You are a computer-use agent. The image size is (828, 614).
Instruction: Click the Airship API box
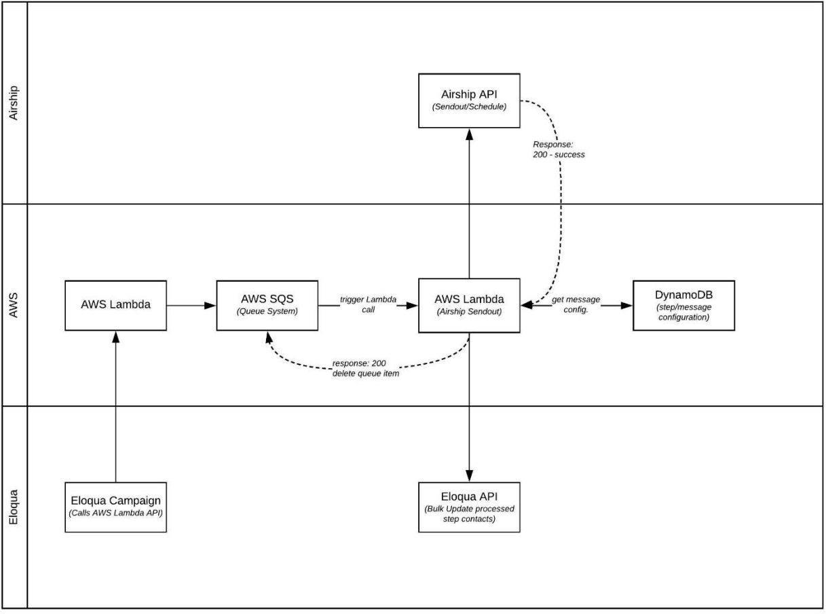coord(469,101)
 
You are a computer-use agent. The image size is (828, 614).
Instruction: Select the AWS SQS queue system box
coord(267,305)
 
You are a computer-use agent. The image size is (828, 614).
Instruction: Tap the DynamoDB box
coord(683,305)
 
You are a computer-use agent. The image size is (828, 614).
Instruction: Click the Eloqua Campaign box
coord(115,507)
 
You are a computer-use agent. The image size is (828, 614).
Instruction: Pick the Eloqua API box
coord(469,507)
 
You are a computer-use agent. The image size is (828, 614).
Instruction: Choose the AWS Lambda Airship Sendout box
coord(469,305)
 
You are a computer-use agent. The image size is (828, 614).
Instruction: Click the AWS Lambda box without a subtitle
coord(115,305)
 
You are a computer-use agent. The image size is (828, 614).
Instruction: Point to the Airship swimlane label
coord(14,103)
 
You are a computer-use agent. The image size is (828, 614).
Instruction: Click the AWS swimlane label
coord(14,305)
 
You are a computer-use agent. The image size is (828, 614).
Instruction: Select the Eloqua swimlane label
coord(14,507)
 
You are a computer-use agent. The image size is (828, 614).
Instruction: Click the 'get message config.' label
coord(576,304)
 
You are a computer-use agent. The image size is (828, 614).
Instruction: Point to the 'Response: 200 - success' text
coord(559,149)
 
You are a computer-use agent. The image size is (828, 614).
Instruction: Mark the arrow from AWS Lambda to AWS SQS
coord(191,306)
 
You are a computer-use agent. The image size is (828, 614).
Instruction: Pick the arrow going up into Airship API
coord(469,204)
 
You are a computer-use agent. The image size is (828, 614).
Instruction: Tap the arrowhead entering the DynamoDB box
coord(627,306)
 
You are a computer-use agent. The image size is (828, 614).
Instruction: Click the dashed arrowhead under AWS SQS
coord(269,336)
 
